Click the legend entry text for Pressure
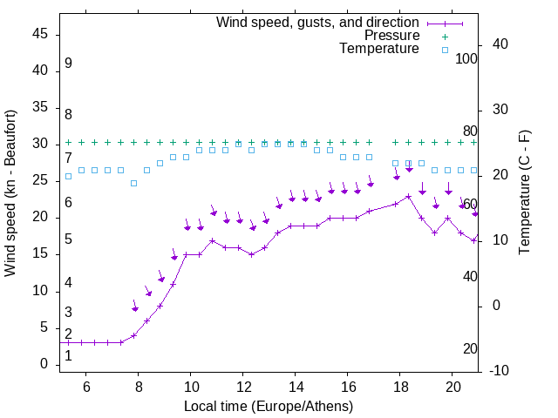coord(392,36)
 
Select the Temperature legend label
coord(379,49)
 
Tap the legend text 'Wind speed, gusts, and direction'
coord(318,22)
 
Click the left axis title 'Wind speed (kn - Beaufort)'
coord(10,193)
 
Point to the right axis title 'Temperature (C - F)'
coord(524,192)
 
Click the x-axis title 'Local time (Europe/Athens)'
coord(269,406)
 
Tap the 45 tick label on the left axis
coord(40,34)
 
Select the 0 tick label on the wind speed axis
coord(44,365)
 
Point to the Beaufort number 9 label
coord(68,64)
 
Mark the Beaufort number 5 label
coord(68,239)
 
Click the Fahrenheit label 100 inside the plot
coord(467,59)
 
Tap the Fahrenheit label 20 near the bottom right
coord(470,349)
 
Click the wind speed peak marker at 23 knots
coord(408,196)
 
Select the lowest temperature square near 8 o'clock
coord(133,183)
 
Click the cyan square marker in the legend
coord(445,50)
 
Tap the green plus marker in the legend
coord(445,36)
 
